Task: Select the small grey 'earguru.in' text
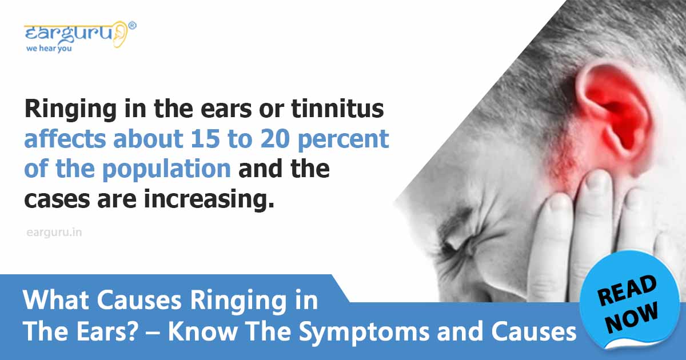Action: click(54, 233)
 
